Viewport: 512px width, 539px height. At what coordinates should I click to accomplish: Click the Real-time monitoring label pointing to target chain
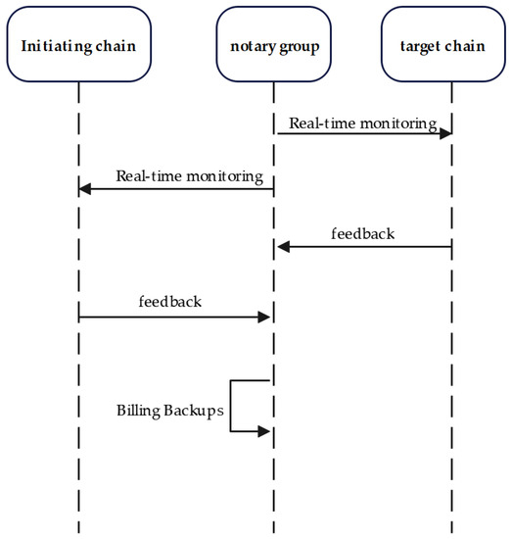pyautogui.click(x=362, y=123)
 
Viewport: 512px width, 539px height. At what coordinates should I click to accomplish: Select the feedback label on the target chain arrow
pyautogui.click(x=363, y=234)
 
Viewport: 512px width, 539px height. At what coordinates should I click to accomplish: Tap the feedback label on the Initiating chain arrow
pyautogui.click(x=170, y=302)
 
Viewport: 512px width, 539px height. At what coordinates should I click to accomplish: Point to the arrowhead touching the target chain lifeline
pyautogui.click(x=444, y=133)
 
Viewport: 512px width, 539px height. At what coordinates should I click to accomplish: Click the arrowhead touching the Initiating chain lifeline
pyautogui.click(x=85, y=188)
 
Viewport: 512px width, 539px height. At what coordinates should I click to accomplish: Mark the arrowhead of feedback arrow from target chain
pyautogui.click(x=283, y=246)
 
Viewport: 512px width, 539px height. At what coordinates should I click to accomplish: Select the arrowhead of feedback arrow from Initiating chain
pyautogui.click(x=263, y=317)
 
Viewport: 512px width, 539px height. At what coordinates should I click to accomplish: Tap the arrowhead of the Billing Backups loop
pyautogui.click(x=263, y=430)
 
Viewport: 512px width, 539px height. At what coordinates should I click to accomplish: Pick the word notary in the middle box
pyautogui.click(x=255, y=46)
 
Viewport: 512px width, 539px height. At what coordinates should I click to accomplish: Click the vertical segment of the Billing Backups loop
pyautogui.click(x=231, y=405)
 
